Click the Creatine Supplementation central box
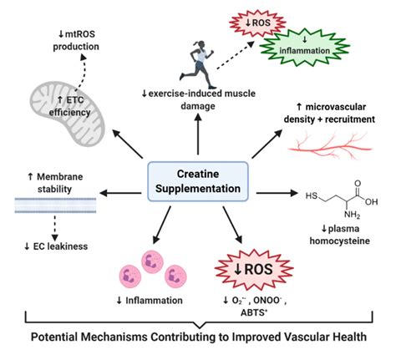click(198, 181)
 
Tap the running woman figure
click(197, 64)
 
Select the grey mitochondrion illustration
click(68, 114)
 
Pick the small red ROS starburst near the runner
click(257, 23)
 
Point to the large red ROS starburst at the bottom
click(254, 270)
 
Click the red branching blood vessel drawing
click(330, 145)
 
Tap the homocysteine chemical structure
click(342, 200)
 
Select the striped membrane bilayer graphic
click(55, 205)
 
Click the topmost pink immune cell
click(152, 261)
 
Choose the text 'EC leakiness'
click(60, 246)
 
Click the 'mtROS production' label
click(76, 40)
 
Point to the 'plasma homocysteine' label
click(340, 235)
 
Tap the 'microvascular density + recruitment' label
click(329, 113)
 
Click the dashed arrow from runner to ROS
click(236, 55)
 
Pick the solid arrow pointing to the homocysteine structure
click(277, 193)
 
